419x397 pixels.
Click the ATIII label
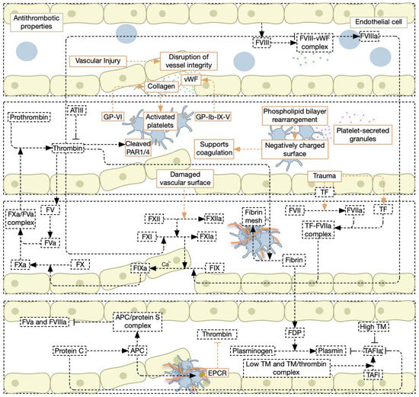point(78,110)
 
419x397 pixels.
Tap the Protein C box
point(70,352)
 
